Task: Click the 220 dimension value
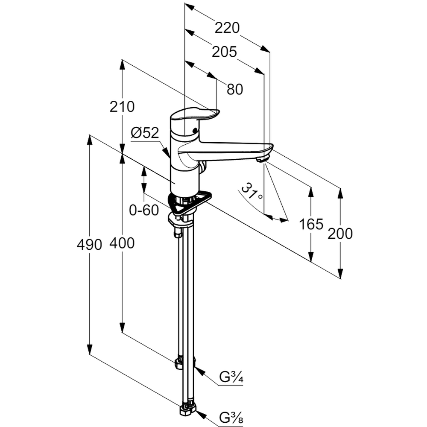pos(227,28)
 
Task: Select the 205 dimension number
pos(224,52)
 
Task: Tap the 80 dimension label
pos(234,89)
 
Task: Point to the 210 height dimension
pos(122,106)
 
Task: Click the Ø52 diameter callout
pos(145,133)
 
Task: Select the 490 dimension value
pos(90,245)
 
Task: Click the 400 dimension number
pos(122,243)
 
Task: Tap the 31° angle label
pos(252,192)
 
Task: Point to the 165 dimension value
pos(311,224)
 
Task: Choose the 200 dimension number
pos(340,234)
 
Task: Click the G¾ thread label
pos(231,377)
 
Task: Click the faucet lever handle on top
pos(194,114)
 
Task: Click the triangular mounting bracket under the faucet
pos(190,203)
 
